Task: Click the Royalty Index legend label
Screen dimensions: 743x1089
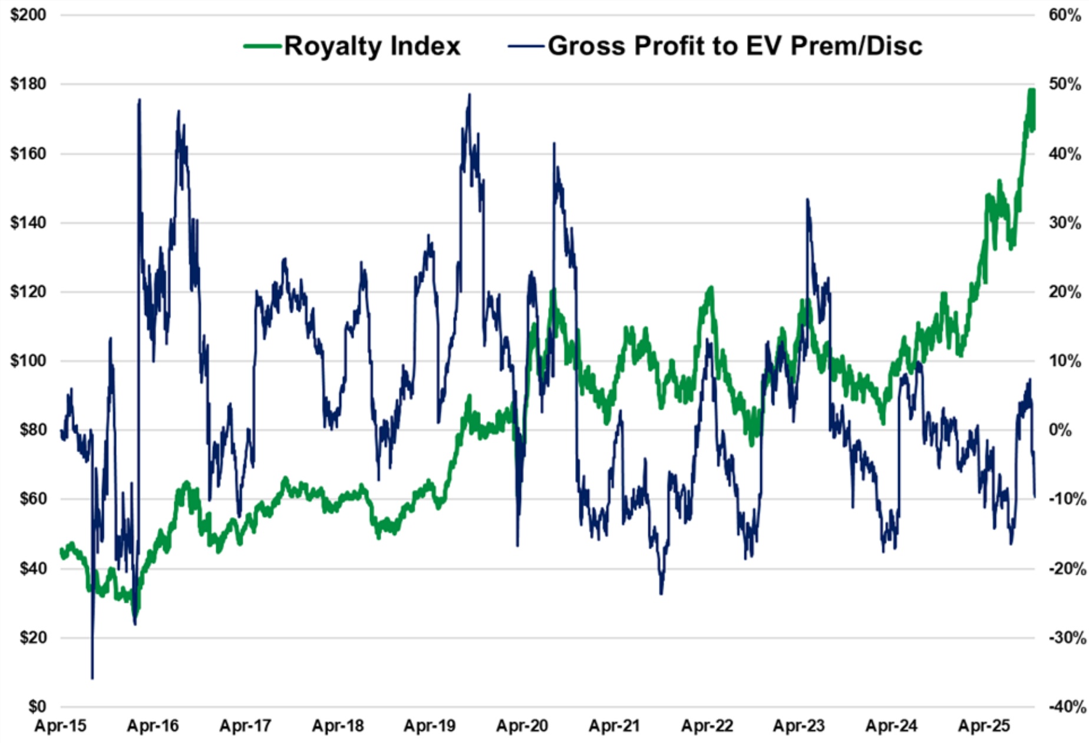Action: (372, 46)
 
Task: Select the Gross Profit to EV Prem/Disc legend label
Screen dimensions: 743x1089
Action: (734, 46)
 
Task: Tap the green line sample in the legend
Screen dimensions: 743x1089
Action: (262, 46)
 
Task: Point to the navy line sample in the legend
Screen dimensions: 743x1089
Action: (526, 46)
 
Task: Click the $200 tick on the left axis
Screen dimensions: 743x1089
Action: (28, 15)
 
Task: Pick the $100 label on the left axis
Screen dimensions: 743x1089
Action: (28, 360)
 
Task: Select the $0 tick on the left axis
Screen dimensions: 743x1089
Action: (37, 706)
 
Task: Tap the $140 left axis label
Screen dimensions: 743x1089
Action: (28, 223)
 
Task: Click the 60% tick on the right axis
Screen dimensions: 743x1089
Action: (1064, 15)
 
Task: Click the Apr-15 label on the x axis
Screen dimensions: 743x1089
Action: (60, 726)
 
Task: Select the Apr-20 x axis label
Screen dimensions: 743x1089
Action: (522, 726)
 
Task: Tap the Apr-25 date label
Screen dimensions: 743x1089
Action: (984, 726)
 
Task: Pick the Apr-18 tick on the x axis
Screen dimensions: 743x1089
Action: (338, 726)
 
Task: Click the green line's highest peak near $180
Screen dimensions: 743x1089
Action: (1031, 90)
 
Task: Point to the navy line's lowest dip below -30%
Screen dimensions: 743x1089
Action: (93, 678)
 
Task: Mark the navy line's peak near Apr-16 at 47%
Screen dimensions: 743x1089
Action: (139, 99)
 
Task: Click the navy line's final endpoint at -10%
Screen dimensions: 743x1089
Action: (1035, 497)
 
